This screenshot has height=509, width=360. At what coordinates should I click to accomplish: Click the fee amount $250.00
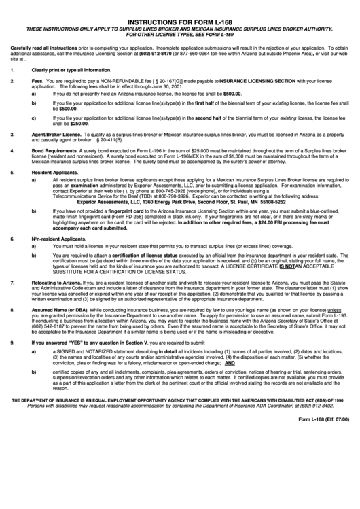tap(79, 124)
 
